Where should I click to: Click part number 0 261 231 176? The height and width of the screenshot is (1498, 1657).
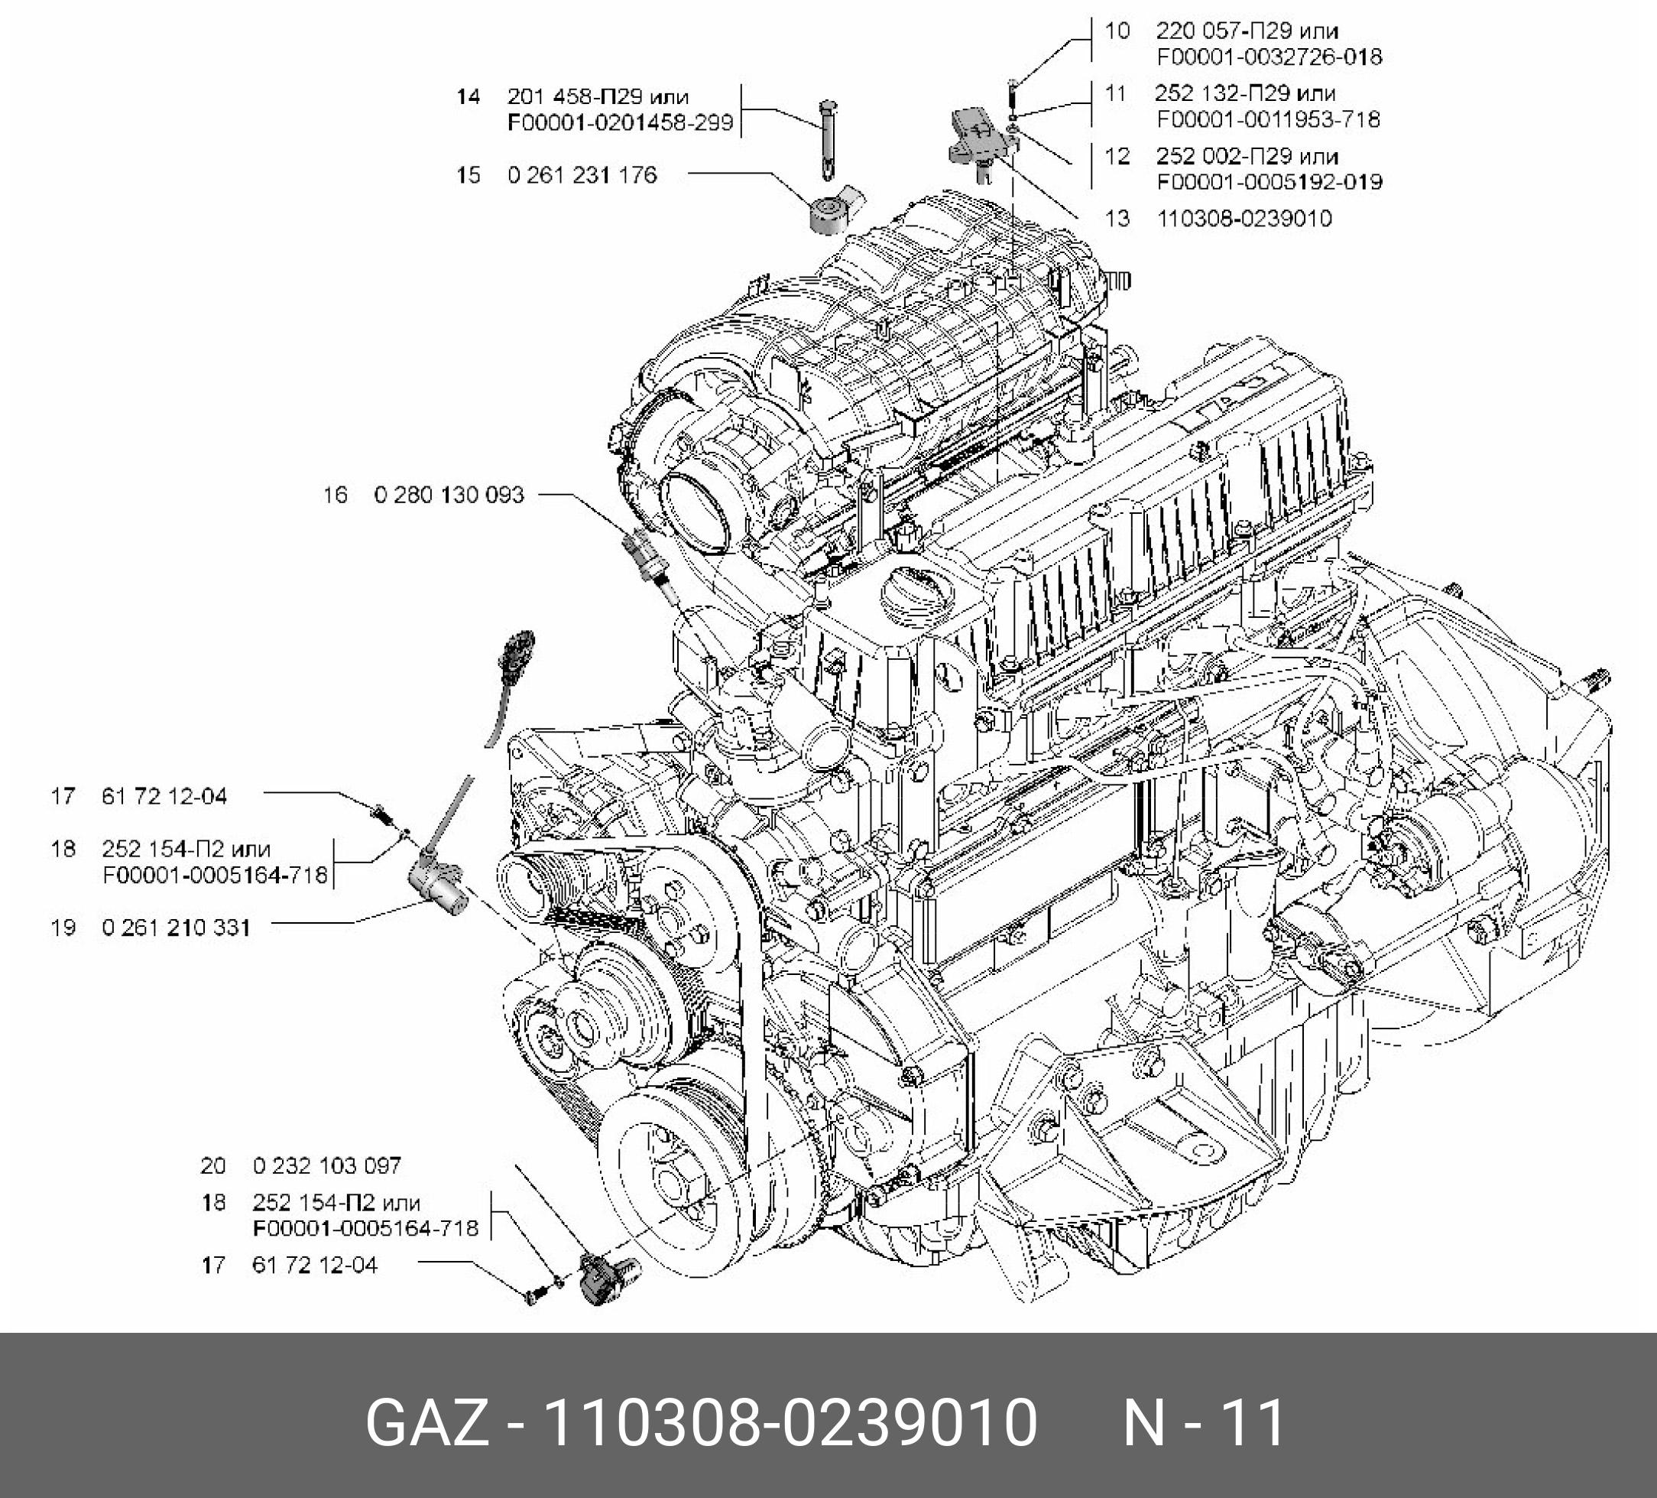coord(582,175)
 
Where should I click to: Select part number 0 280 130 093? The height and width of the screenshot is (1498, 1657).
coord(449,495)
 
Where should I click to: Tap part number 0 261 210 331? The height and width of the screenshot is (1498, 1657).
coord(176,928)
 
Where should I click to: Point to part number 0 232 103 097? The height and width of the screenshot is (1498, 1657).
coord(326,1165)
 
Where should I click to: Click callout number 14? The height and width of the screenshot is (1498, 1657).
coord(468,97)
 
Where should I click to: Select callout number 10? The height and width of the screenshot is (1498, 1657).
coord(1117,31)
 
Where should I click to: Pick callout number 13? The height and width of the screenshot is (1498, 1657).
coord(1117,219)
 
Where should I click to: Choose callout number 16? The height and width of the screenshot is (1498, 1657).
coord(336,495)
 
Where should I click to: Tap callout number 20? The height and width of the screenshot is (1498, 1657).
coord(213,1165)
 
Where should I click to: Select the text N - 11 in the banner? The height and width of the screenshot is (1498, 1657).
coord(1203,1423)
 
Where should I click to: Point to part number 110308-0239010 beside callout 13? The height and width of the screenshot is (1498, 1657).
coord(1244,219)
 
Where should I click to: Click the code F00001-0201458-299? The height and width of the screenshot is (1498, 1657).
coord(620,123)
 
